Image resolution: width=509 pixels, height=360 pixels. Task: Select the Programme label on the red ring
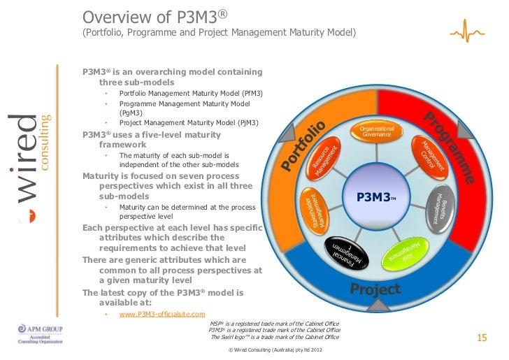tap(450, 146)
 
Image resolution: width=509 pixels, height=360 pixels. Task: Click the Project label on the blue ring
tap(375, 289)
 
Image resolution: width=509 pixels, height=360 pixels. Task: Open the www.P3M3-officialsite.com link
tap(162, 315)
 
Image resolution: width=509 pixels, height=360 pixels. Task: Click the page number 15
tap(481, 338)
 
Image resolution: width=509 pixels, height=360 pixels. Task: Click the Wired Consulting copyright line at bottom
tap(274, 350)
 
